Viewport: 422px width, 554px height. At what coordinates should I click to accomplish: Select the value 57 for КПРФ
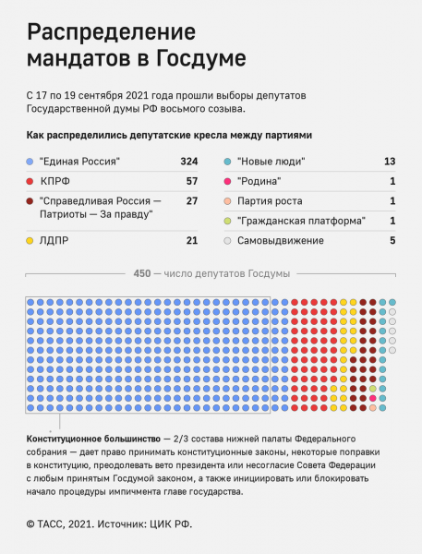(192, 181)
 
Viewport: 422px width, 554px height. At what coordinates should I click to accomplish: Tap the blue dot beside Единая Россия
(31, 162)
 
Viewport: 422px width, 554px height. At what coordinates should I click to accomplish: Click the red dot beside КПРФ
(31, 181)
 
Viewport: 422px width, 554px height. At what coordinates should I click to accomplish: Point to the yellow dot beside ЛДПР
(31, 241)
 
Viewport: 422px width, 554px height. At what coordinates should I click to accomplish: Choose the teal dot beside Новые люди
(228, 162)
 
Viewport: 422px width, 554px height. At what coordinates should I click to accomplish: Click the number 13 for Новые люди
(390, 162)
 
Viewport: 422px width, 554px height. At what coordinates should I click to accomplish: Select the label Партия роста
(270, 201)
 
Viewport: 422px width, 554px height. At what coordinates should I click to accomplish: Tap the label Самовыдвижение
(281, 241)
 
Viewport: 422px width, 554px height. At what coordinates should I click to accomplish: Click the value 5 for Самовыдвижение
(392, 241)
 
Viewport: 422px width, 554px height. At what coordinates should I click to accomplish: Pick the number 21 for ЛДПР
(192, 241)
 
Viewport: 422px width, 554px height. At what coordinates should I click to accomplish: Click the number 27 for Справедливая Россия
(192, 201)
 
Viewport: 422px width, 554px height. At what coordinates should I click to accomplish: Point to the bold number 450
(142, 273)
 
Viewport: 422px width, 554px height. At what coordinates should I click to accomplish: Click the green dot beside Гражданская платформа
(228, 221)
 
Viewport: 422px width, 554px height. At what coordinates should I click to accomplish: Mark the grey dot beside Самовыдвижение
(228, 241)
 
